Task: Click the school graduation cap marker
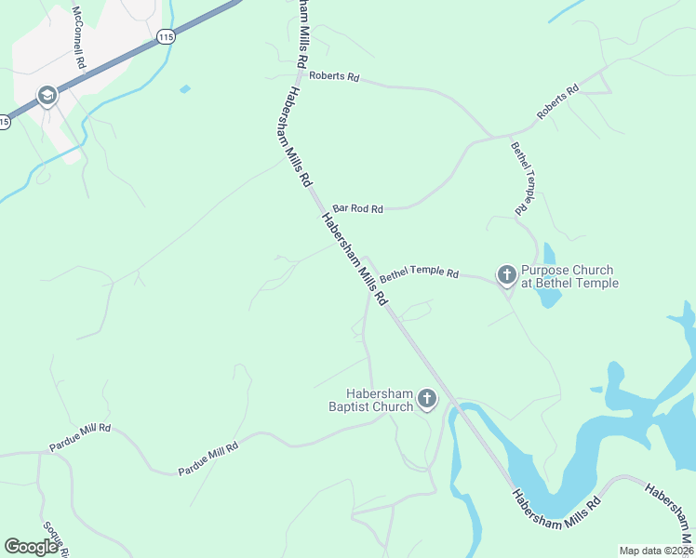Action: [46, 96]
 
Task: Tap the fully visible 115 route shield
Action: [166, 37]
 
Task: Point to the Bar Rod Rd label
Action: [357, 209]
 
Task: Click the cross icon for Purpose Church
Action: [506, 274]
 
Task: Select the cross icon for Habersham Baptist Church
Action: [426, 400]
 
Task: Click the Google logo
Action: [32, 547]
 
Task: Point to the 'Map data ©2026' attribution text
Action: [655, 551]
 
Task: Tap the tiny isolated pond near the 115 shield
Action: [185, 89]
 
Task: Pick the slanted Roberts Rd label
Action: [557, 102]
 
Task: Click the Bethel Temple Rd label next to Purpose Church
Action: [419, 273]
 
